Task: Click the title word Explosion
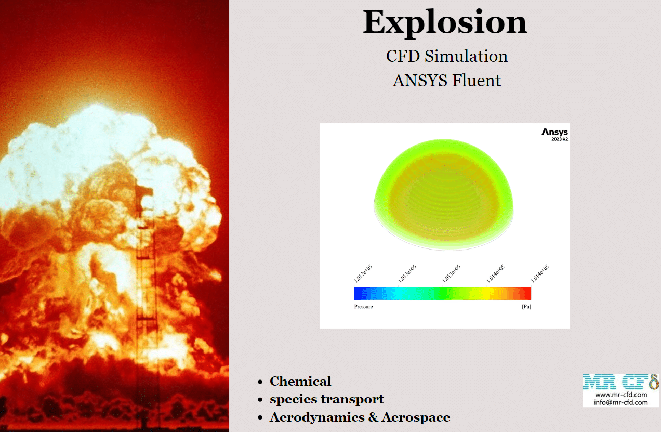[445, 23]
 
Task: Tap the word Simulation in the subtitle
[466, 56]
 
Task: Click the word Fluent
[477, 81]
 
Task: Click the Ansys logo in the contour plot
[555, 132]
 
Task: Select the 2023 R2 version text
[560, 139]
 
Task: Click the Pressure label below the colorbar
[364, 307]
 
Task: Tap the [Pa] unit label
[526, 307]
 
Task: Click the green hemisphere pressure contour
[443, 194]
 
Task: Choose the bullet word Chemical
[300, 381]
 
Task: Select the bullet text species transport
[327, 399]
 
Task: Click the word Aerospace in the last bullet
[416, 417]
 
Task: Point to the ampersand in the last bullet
[374, 417]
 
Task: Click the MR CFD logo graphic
[620, 382]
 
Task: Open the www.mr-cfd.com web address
[621, 395]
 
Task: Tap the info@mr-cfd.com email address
[621, 402]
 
